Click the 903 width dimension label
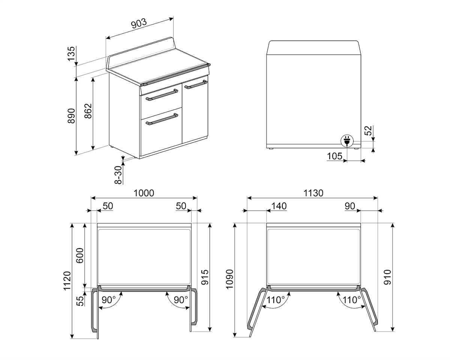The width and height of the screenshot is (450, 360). tap(139, 23)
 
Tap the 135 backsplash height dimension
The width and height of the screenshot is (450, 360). tap(71, 54)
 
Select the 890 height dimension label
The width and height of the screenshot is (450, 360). tap(71, 116)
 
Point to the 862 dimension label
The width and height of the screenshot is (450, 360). tap(88, 111)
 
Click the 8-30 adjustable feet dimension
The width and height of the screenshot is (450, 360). tap(118, 175)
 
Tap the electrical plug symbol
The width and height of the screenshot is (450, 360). tap(347, 141)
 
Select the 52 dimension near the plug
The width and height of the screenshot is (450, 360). tap(369, 130)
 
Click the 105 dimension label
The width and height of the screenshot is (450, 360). tap(334, 156)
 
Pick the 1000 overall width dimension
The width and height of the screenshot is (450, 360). tap(144, 193)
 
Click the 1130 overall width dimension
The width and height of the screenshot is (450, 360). tap(313, 193)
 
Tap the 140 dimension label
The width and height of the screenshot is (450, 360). tap(279, 206)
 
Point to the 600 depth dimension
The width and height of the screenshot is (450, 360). tap(80, 255)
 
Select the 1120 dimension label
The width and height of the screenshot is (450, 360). tap(67, 281)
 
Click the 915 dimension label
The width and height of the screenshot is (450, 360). tap(205, 277)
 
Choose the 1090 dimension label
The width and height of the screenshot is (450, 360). tap(229, 279)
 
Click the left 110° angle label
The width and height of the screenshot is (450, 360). tap(276, 300)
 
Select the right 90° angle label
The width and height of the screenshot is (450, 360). tap(181, 300)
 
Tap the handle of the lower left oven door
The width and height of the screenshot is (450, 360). tap(162, 120)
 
